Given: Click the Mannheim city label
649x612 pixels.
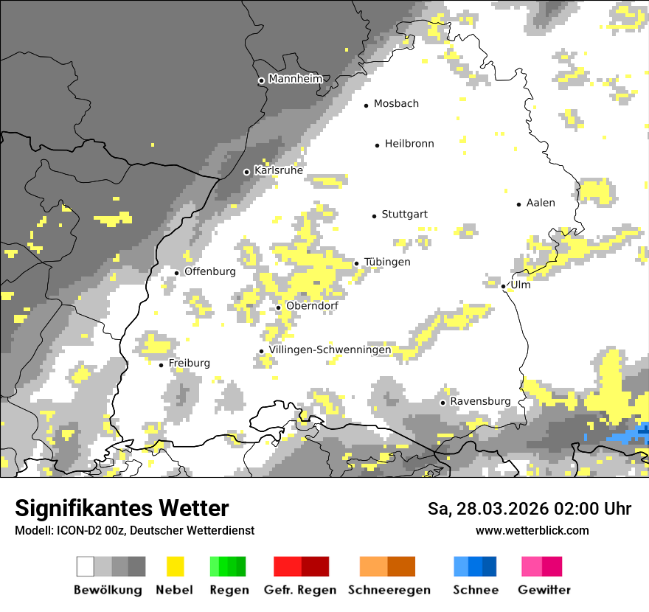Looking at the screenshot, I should pyautogui.click(x=296, y=79).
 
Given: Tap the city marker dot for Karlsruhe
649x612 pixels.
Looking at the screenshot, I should pyautogui.click(x=247, y=172).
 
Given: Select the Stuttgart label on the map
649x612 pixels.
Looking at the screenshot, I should pyautogui.click(x=404, y=215).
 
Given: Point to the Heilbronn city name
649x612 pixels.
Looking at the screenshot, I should pyautogui.click(x=409, y=144).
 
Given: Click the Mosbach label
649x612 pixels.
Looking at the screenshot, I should pyautogui.click(x=396, y=104).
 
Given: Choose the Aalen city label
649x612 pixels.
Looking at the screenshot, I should pyautogui.click(x=541, y=203).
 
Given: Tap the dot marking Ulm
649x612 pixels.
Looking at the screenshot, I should pyautogui.click(x=503, y=286).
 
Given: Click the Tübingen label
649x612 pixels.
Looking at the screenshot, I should pyautogui.click(x=387, y=262).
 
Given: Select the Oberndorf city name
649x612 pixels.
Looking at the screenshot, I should pyautogui.click(x=312, y=306).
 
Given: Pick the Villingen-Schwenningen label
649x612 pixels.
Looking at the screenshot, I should pyautogui.click(x=330, y=350).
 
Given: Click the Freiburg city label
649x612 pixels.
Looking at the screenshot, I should pyautogui.click(x=189, y=363).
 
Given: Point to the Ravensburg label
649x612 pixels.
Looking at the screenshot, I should pyautogui.click(x=480, y=401).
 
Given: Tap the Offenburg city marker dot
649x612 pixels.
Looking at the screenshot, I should pyautogui.click(x=177, y=273).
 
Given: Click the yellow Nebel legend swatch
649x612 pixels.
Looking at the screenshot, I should pyautogui.click(x=175, y=566).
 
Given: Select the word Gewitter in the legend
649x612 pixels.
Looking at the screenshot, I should pyautogui.click(x=544, y=590).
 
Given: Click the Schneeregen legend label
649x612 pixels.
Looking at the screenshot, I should pyautogui.click(x=389, y=590).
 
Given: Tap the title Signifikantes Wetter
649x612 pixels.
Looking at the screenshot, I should pyautogui.click(x=122, y=508).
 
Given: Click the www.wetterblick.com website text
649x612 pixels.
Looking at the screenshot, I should pyautogui.click(x=532, y=530).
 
